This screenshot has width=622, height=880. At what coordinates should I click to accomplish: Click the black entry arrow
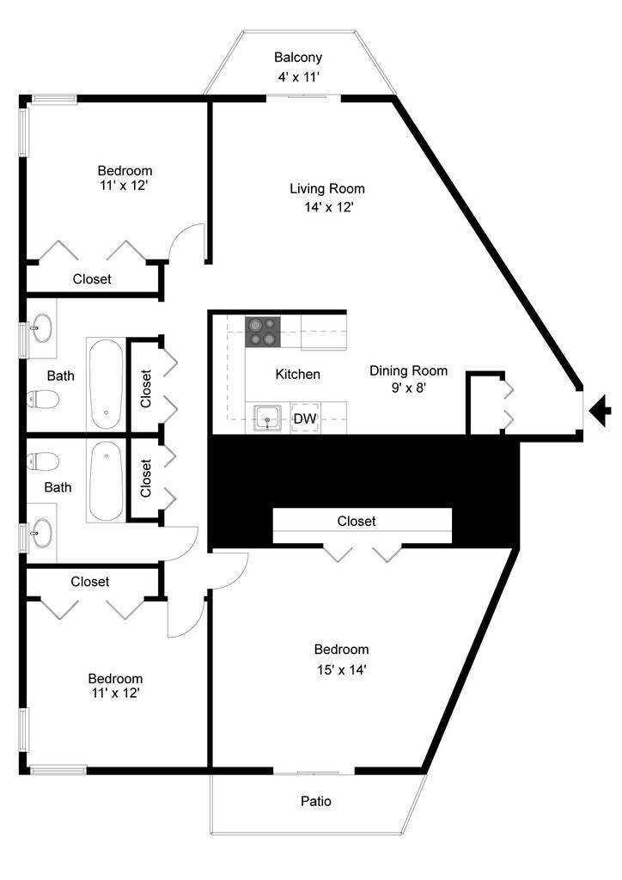click(x=601, y=411)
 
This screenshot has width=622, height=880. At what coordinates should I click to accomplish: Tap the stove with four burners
click(x=263, y=332)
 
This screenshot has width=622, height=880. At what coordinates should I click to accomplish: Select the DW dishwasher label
click(x=305, y=419)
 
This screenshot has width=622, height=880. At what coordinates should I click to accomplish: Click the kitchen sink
click(x=268, y=419)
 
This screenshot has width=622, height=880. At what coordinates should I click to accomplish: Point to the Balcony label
click(x=298, y=58)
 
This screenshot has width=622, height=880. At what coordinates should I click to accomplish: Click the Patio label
click(x=316, y=801)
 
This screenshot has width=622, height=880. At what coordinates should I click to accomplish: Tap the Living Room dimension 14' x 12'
click(x=329, y=207)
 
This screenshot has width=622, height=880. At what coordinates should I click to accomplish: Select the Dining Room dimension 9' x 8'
click(x=409, y=388)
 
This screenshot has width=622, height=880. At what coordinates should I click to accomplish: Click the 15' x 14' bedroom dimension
click(x=342, y=669)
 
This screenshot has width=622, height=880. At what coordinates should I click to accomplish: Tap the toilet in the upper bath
click(x=43, y=400)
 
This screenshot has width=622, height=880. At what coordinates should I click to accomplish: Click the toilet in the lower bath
click(x=43, y=461)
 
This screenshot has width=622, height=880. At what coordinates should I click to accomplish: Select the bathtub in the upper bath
click(x=106, y=384)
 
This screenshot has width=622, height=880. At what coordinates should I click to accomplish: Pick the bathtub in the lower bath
click(x=106, y=481)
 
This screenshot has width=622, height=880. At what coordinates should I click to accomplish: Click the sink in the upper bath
click(x=42, y=328)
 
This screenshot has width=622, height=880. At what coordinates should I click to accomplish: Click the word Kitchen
click(x=298, y=375)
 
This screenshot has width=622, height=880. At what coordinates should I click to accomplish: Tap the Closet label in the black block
click(x=357, y=522)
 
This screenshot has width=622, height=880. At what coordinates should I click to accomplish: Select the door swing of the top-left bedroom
click(x=186, y=242)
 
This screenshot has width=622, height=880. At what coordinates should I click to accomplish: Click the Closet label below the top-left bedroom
click(x=92, y=279)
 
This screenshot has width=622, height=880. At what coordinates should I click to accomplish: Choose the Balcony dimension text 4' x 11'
click(x=299, y=77)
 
